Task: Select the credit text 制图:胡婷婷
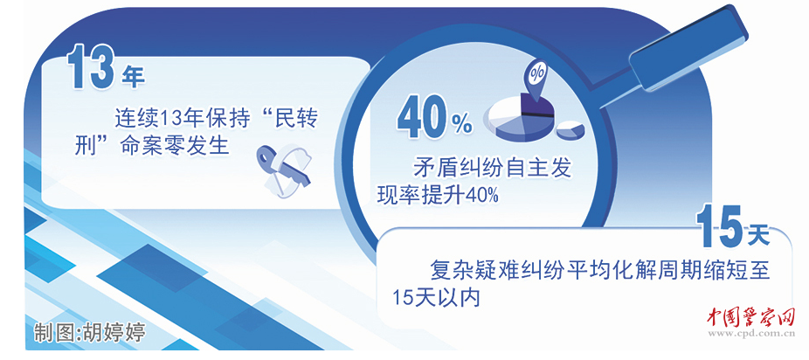[87, 332]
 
